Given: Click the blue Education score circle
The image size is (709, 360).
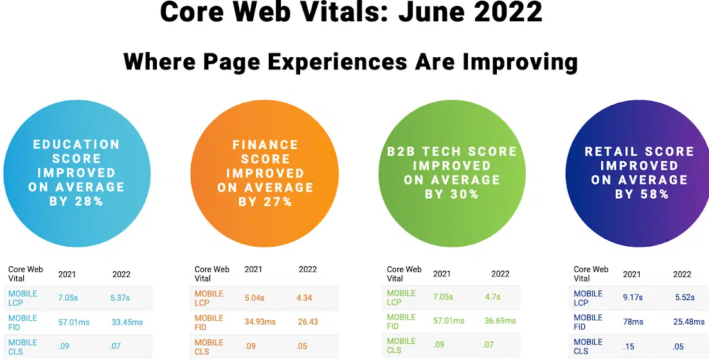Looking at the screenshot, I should [76, 173].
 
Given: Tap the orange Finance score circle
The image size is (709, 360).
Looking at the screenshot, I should [265, 173].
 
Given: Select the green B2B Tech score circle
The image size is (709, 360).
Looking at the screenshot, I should [451, 173].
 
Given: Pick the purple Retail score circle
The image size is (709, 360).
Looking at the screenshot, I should [638, 173].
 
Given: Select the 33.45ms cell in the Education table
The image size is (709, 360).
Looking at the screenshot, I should [127, 323].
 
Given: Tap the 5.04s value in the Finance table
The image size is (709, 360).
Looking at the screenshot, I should [255, 298].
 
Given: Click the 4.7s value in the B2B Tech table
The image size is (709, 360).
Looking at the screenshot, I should [493, 297].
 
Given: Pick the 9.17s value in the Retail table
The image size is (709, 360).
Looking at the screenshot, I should [633, 298].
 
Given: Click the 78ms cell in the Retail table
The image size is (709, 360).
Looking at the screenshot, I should [634, 322].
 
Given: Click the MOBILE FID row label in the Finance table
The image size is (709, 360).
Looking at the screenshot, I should [209, 323].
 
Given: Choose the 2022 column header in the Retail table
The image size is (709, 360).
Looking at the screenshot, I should [682, 274].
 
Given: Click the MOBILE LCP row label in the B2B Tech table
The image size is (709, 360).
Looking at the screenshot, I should [401, 298].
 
